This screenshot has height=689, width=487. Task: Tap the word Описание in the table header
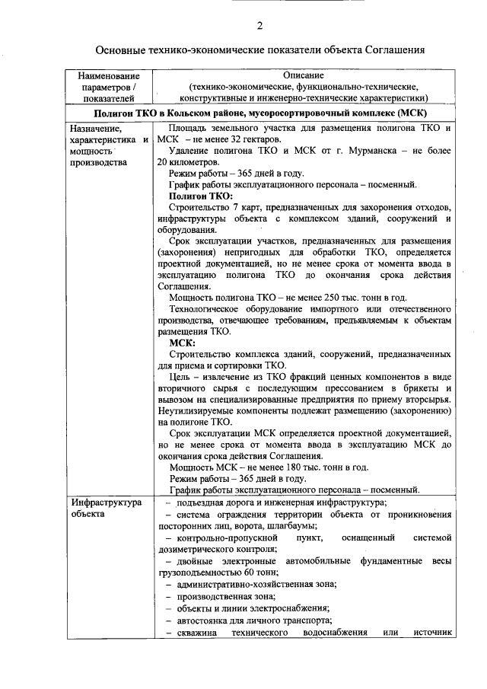tap(304, 75)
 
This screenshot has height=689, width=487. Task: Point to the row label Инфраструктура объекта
tap(106, 509)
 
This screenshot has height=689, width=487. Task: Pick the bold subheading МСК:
tap(183, 343)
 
